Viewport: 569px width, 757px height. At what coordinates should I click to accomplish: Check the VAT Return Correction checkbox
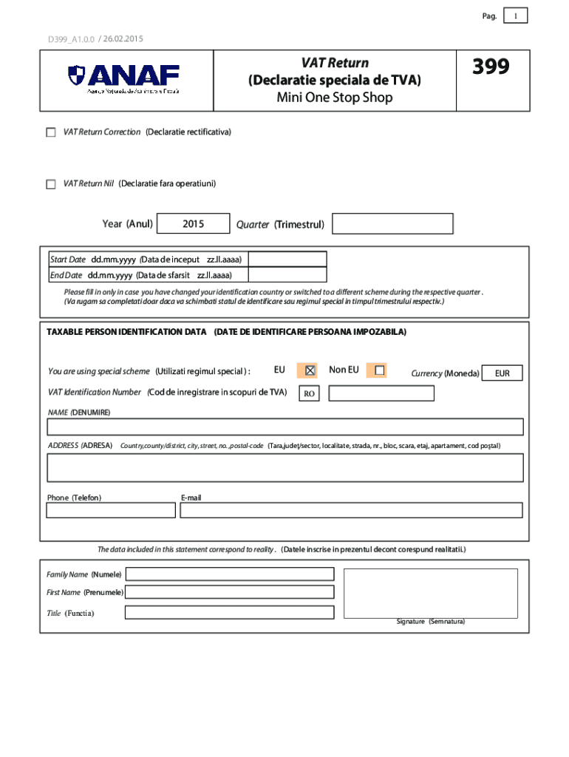click(x=50, y=132)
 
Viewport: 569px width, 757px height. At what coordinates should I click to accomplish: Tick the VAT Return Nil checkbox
click(x=50, y=184)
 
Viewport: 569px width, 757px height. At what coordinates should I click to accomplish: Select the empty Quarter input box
click(x=392, y=224)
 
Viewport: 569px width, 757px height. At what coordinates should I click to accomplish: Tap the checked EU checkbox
click(x=310, y=370)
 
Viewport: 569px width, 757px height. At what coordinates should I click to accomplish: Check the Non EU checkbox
click(x=380, y=370)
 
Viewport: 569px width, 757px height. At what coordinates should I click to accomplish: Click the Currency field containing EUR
click(x=502, y=373)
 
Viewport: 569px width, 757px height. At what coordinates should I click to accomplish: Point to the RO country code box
click(x=310, y=394)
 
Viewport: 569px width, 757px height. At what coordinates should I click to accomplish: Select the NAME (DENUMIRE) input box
click(x=285, y=427)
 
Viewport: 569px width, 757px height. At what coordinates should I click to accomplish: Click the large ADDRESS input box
click(x=285, y=467)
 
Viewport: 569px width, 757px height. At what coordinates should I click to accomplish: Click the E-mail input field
click(x=351, y=510)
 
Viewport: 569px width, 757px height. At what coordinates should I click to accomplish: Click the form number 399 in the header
click(x=491, y=68)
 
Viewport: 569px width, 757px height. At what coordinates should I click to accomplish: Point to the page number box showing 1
click(x=515, y=16)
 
